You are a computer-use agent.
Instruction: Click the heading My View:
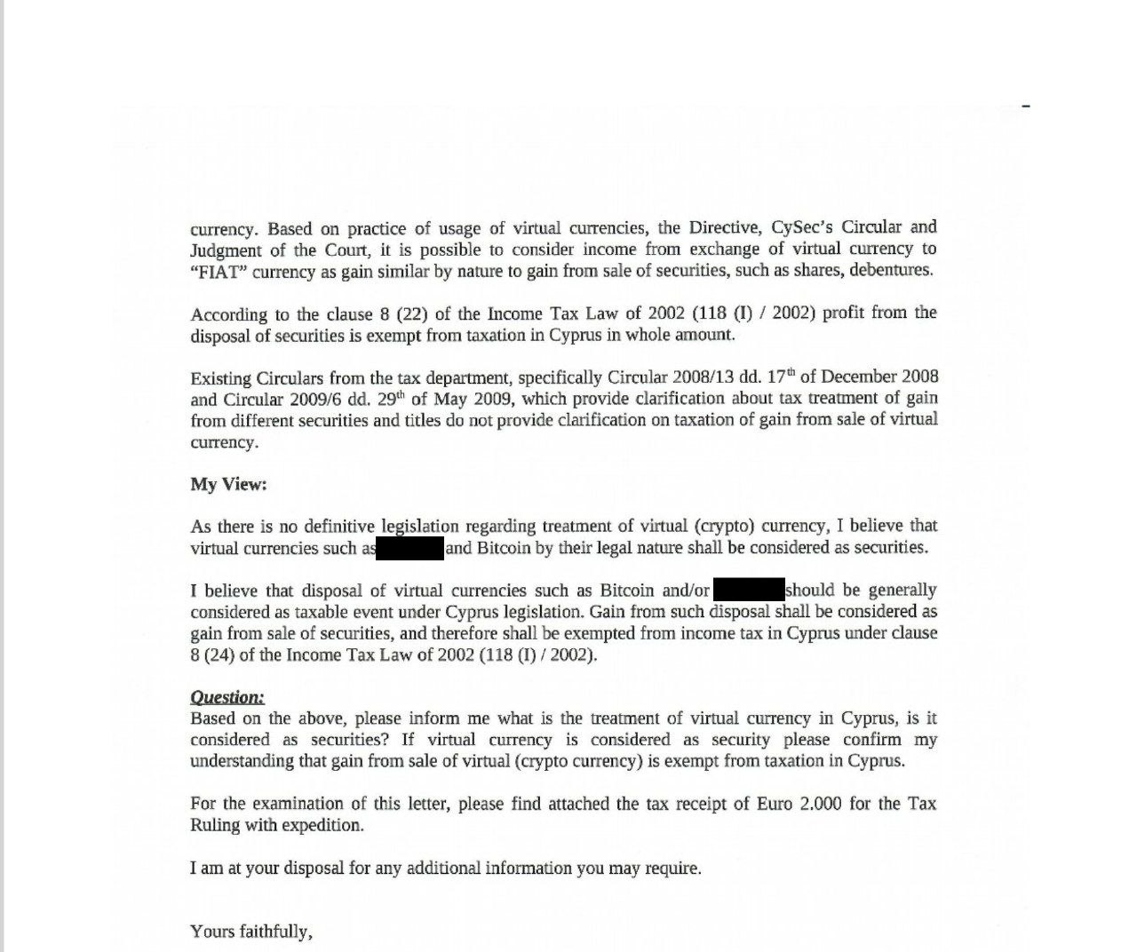[228, 484]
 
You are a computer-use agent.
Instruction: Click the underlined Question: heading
[227, 698]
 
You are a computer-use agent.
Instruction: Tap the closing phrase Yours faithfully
[251, 932]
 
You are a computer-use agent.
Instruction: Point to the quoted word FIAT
[219, 271]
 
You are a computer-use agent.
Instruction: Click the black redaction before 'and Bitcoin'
[410, 548]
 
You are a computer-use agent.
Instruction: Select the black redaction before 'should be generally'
[749, 590]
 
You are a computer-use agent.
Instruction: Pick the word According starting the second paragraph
[228, 314]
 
